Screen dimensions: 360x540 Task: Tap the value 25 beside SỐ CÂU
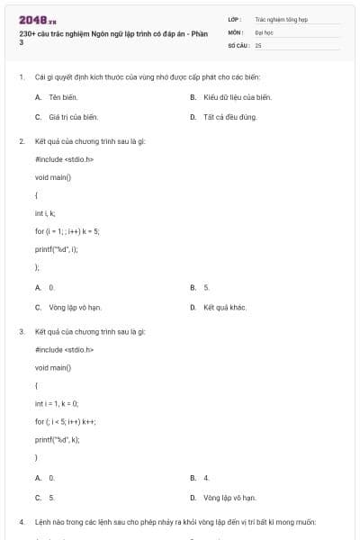click(258, 44)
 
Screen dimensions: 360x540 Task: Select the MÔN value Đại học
click(263, 31)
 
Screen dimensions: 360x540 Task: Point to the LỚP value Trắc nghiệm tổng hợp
click(280, 18)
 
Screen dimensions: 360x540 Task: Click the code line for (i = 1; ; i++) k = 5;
click(67, 231)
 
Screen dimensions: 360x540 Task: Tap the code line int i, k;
click(45, 213)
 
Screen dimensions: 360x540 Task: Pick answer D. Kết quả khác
click(224, 307)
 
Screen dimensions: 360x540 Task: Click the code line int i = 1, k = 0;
click(57, 403)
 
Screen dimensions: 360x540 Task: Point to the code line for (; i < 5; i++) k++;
click(66, 421)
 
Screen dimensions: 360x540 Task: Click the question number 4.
click(21, 522)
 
